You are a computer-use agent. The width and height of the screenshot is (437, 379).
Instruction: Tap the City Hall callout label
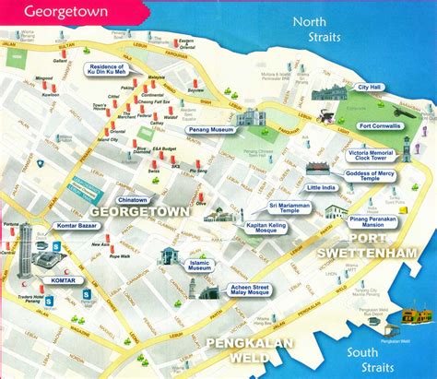coord(369,87)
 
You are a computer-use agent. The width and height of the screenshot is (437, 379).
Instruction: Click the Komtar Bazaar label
coord(71,226)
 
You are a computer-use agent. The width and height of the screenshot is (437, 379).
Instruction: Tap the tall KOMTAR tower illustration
coord(25,244)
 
